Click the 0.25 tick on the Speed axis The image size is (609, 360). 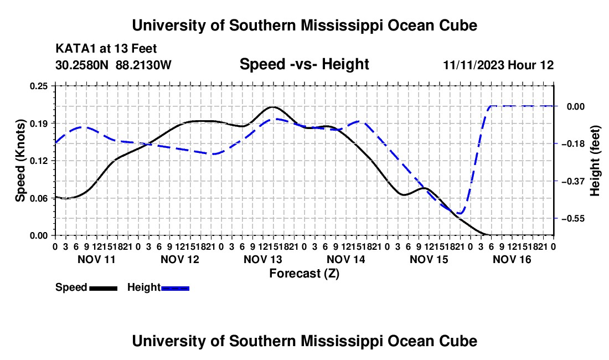click(39, 86)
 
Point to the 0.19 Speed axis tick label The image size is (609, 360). click(39, 124)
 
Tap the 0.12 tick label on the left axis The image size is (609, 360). click(39, 161)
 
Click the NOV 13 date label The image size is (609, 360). click(262, 259)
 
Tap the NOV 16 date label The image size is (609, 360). click(512, 259)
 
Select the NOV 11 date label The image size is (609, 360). click(97, 259)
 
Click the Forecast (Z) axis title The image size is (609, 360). click(304, 274)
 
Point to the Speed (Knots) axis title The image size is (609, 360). click(20, 161)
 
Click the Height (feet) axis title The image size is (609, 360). click(595, 161)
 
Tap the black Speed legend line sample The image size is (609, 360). click(104, 288)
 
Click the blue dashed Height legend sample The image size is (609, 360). click(175, 288)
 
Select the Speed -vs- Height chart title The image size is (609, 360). click(304, 64)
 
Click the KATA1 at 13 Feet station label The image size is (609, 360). click(106, 49)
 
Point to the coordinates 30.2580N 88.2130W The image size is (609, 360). click(113, 65)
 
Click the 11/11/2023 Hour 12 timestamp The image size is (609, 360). click(498, 65)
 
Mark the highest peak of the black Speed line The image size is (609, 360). click(272, 107)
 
